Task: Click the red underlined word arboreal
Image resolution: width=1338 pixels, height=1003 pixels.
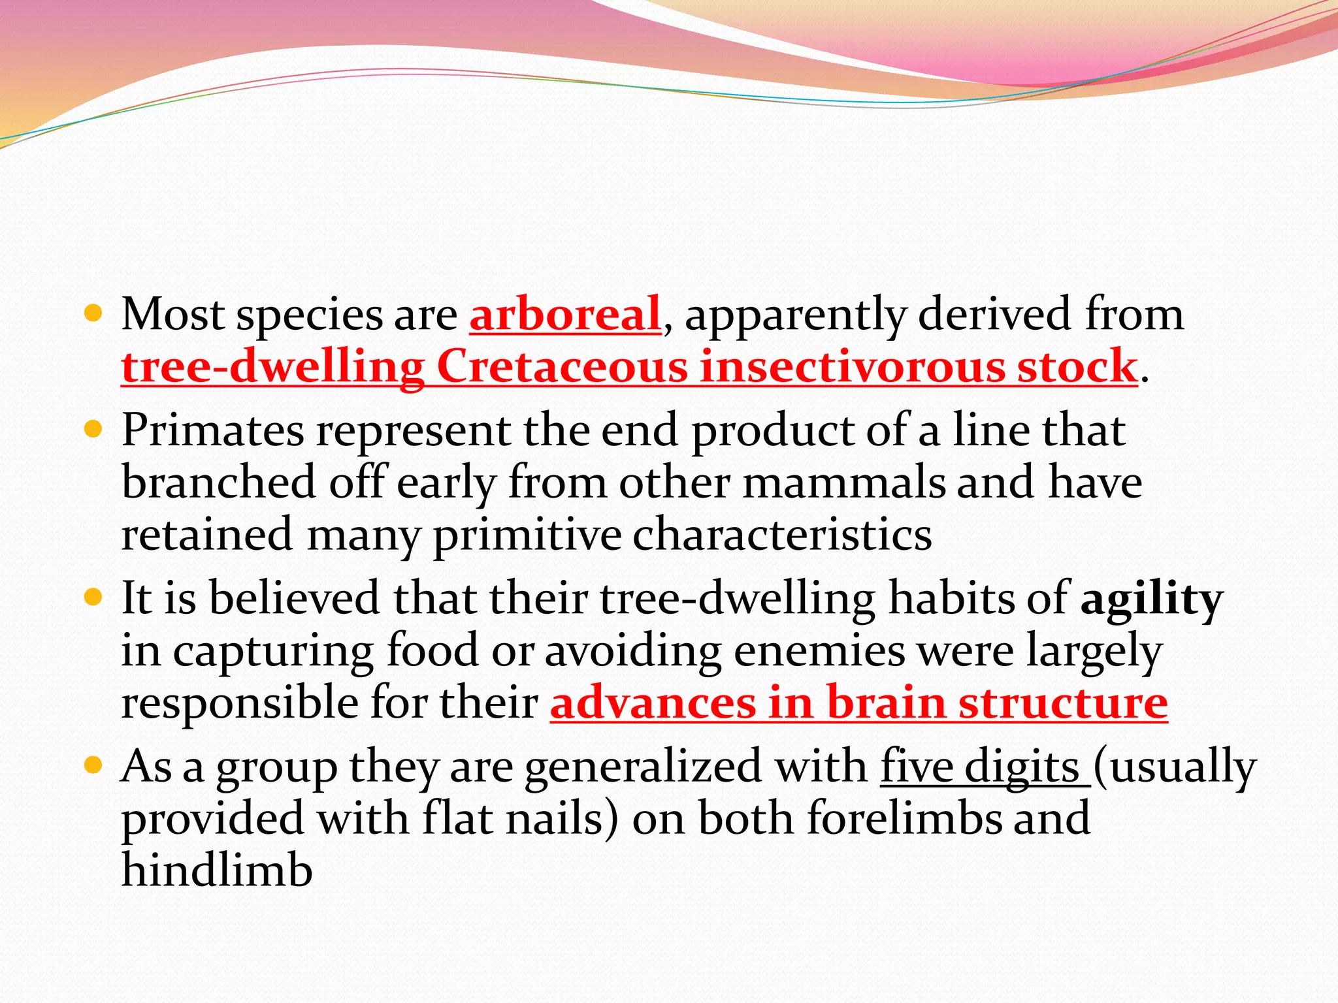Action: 565,314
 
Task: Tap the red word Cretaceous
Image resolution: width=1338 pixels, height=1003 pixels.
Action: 562,366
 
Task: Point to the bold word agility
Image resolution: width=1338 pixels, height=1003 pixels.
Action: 1151,599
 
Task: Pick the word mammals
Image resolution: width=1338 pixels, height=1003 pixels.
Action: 844,483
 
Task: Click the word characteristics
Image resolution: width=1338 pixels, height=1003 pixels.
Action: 781,535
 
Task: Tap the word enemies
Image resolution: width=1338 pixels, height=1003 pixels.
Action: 819,651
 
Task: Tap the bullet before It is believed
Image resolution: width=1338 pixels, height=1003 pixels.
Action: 94,597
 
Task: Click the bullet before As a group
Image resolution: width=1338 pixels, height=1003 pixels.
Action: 94,765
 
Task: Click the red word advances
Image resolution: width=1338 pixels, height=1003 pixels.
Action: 653,703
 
